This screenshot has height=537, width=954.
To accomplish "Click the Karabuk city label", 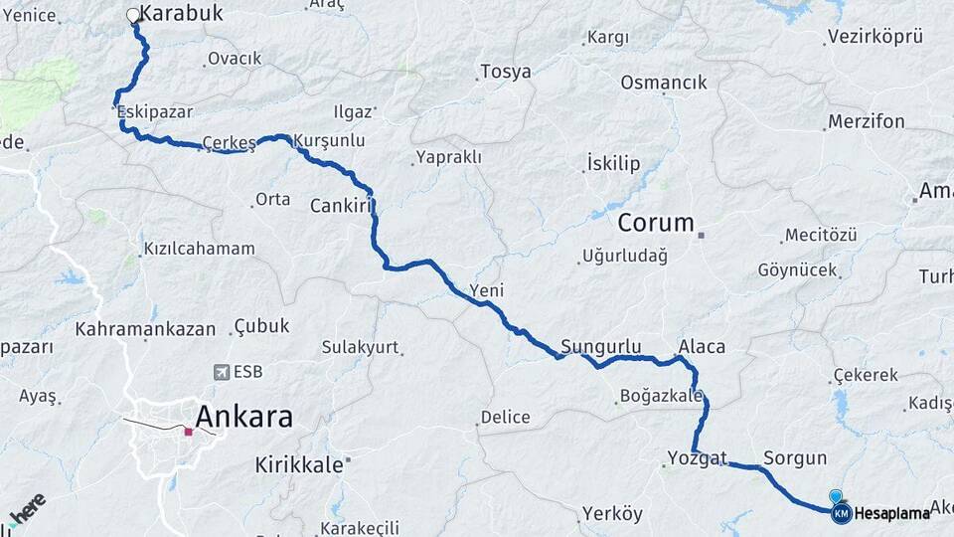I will [x=180, y=13].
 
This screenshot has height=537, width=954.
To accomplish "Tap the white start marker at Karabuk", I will [x=133, y=15].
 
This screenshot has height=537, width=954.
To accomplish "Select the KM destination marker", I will [x=841, y=513].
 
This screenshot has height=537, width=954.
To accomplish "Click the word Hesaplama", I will [x=891, y=513].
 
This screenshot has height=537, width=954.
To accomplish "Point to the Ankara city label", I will [x=243, y=417].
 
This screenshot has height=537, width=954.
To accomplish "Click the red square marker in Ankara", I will [x=188, y=432].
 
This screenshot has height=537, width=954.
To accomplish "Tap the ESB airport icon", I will [x=221, y=372].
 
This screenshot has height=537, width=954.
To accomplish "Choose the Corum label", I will [x=655, y=223].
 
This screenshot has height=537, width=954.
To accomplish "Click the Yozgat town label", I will [x=692, y=458].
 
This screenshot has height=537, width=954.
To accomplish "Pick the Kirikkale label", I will [x=299, y=464].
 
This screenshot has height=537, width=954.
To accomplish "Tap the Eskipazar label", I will [x=154, y=112].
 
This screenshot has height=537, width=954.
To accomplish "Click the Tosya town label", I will [x=505, y=72].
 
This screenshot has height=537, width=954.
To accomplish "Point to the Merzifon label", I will [x=867, y=121].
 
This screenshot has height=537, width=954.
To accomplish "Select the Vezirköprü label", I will [x=875, y=37].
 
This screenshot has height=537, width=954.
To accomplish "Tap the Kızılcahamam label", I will [x=199, y=249].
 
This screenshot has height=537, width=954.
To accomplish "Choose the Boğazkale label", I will [x=661, y=395].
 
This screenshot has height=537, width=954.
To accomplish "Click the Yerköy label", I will [x=612, y=514].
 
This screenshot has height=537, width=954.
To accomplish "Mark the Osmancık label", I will [x=663, y=83].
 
